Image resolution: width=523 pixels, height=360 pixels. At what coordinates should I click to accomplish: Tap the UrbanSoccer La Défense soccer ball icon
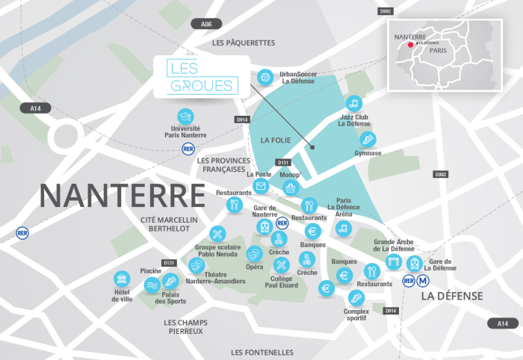(x=265, y=76)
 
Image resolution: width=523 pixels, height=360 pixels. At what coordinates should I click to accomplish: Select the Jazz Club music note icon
(x=354, y=103)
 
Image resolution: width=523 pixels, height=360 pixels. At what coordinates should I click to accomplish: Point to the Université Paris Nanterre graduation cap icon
(x=185, y=117)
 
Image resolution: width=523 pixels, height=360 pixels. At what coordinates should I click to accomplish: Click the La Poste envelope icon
(x=261, y=186)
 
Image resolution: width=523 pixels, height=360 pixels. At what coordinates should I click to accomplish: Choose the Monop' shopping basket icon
(x=291, y=187)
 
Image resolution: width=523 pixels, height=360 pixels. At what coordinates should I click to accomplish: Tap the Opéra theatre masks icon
(x=254, y=254)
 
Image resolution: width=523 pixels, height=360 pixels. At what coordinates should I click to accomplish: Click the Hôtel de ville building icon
(x=122, y=279)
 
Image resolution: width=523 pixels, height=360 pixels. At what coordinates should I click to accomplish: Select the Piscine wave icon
(x=152, y=284)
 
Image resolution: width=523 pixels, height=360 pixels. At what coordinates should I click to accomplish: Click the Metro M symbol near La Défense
(x=424, y=281)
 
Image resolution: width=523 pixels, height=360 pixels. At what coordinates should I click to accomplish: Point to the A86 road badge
(x=207, y=25)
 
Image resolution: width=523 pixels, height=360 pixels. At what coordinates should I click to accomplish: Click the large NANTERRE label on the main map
(x=122, y=195)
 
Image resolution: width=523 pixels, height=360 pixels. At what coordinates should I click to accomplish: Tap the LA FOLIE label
(x=274, y=140)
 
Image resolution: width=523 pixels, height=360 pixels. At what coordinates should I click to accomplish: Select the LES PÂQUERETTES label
(x=244, y=43)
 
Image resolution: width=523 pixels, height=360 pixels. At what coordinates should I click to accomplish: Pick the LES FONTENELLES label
(x=262, y=352)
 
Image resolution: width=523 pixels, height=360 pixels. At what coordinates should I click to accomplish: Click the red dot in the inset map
(x=410, y=44)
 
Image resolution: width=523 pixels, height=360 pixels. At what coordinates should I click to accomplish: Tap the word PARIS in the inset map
(x=439, y=52)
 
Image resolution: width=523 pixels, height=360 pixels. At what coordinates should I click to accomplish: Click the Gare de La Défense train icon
(x=415, y=264)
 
